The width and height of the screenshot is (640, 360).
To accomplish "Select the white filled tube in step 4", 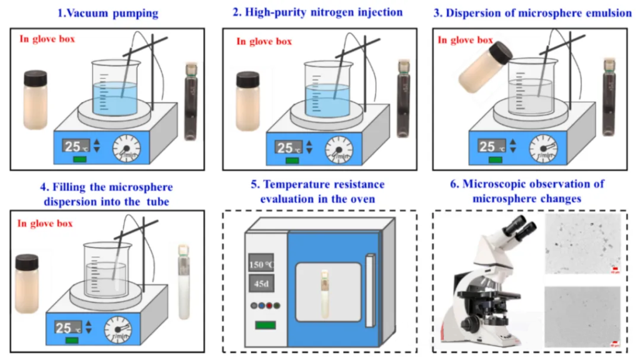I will click(x=184, y=281).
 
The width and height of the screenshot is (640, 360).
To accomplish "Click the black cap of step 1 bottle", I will click(x=35, y=78).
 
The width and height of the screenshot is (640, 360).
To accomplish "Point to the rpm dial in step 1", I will click(x=126, y=148).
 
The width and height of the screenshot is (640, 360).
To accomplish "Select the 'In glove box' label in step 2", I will click(x=264, y=41).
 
